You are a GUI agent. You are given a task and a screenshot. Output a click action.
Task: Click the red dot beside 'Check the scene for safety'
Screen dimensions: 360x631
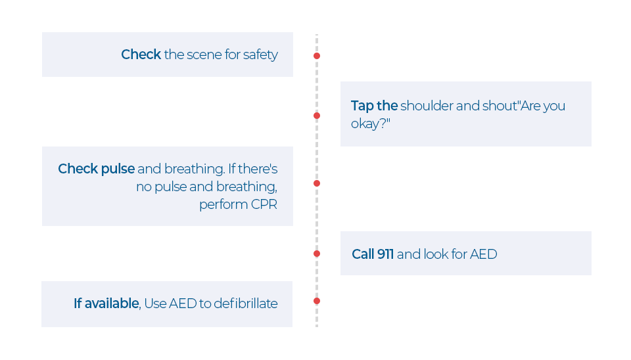[x=317, y=56]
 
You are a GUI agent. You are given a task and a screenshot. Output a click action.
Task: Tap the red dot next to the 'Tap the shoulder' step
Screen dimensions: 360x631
[x=317, y=116]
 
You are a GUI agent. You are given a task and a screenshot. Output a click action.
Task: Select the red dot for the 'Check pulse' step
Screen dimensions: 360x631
[x=317, y=183]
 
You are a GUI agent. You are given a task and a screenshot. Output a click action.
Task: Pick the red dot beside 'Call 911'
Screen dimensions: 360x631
[x=317, y=254]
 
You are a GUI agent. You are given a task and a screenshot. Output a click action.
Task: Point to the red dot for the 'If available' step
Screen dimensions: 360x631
[x=317, y=301]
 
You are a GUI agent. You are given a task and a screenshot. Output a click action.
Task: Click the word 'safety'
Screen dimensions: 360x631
[x=260, y=55]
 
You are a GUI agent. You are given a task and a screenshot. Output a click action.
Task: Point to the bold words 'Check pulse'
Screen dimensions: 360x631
[x=96, y=169]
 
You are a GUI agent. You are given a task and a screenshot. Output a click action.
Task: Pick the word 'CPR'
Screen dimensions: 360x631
[x=264, y=204]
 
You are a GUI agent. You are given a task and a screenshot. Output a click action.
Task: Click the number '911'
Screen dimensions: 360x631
[x=385, y=254]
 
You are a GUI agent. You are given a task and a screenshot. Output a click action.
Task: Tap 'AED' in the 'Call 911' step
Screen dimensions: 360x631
[x=483, y=254]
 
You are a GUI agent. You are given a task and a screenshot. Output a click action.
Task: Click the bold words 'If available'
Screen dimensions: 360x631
[x=106, y=304]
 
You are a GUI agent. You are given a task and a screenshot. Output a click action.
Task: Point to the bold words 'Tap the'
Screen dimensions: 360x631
[x=374, y=106]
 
